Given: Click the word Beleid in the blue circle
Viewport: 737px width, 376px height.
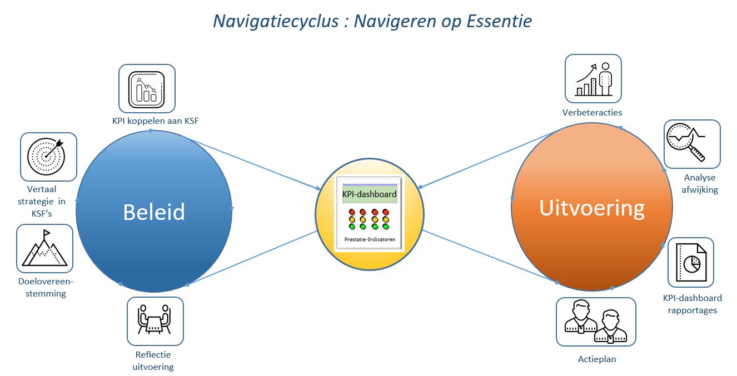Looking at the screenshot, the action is (x=154, y=212).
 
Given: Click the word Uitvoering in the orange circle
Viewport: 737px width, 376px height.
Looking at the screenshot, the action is (x=592, y=208).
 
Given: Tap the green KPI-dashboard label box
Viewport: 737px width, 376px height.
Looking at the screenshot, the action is (x=370, y=194).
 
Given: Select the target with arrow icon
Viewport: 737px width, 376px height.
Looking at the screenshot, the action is (x=46, y=157).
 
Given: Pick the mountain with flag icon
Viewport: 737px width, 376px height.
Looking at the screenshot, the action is (x=44, y=248).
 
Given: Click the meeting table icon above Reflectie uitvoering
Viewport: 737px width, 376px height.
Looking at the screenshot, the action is (x=155, y=319).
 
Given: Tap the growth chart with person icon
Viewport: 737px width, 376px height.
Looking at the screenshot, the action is (x=594, y=79).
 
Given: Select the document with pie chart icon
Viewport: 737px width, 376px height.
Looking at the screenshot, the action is (x=691, y=262).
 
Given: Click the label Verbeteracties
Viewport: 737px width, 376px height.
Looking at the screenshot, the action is (x=592, y=112).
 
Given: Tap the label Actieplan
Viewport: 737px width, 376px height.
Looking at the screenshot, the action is (x=597, y=359).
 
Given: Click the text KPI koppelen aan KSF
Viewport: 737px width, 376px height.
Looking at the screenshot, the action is (x=155, y=121).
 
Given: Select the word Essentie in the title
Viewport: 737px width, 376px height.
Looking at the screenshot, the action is (x=499, y=21).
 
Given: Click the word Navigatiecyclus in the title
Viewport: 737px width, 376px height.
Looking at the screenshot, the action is (x=276, y=22).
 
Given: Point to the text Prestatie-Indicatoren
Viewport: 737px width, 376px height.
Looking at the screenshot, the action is (x=370, y=239).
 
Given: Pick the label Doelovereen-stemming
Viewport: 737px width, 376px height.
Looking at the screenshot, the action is (x=46, y=287).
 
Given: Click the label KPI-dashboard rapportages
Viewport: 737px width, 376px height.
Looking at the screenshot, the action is (x=693, y=304).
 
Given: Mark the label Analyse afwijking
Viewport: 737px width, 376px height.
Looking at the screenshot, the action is (x=700, y=183).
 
